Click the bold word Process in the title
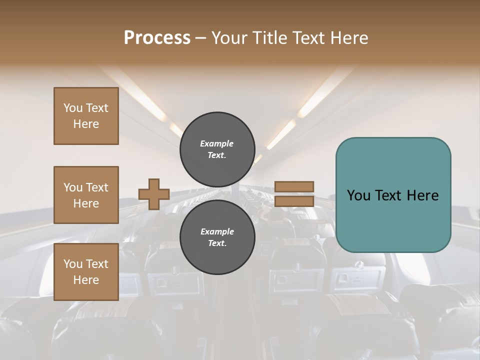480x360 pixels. click(x=157, y=38)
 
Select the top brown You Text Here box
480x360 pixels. click(x=86, y=116)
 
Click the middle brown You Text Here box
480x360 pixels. click(x=86, y=195)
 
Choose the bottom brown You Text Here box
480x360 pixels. click(x=86, y=272)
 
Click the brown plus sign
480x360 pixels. click(x=154, y=194)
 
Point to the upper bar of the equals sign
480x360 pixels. click(x=294, y=186)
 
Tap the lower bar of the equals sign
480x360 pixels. click(x=294, y=201)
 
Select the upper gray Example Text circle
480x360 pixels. click(x=217, y=149)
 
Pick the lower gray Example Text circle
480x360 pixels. click(x=217, y=237)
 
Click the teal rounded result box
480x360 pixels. click(x=393, y=195)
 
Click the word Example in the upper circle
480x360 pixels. click(x=217, y=143)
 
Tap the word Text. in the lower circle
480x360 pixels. click(x=217, y=243)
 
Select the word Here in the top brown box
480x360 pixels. click(x=86, y=124)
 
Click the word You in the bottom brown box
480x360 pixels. click(x=72, y=264)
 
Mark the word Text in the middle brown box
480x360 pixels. click(x=96, y=187)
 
